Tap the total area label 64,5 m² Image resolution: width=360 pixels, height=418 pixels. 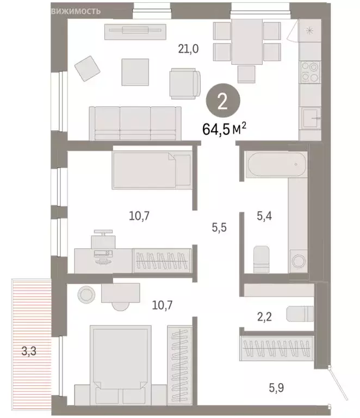pos(224,130)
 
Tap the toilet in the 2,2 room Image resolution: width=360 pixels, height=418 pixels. pos(300,314)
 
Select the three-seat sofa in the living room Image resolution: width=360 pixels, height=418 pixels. pos(135,124)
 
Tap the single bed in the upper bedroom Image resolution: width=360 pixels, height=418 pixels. pos(152,170)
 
